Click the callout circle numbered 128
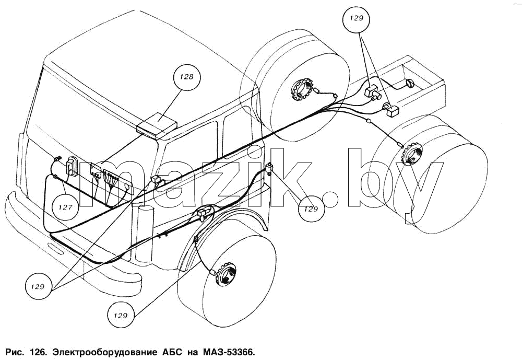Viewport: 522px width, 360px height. pyautogui.click(x=186, y=77)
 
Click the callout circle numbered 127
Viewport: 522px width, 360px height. pyautogui.click(x=65, y=207)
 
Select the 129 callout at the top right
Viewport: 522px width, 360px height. pyautogui.click(x=356, y=19)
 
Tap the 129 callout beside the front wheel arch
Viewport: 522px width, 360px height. pyautogui.click(x=311, y=209)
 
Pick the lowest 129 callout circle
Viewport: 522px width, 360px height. pyautogui.click(x=121, y=315)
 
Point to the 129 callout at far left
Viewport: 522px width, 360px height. pyautogui.click(x=38, y=286)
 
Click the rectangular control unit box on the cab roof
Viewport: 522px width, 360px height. pyautogui.click(x=157, y=126)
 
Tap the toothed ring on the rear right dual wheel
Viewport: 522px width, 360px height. pyautogui.click(x=411, y=154)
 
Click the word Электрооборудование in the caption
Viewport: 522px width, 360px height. pyautogui.click(x=105, y=352)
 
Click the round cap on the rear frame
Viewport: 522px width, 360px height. pyautogui.click(x=409, y=83)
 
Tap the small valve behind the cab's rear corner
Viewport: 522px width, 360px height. pyautogui.click(x=270, y=168)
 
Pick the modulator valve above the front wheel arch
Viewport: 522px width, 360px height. pyautogui.click(x=205, y=212)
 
